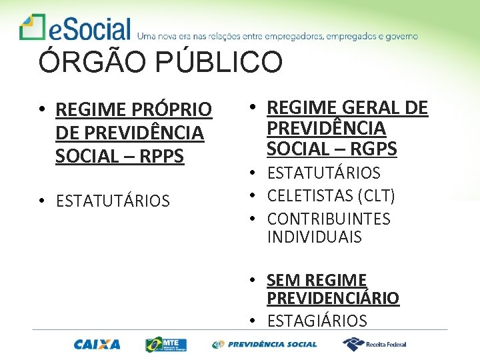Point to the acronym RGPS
click(368, 149)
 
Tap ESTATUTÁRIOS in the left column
click(113, 201)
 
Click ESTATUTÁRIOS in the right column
click(323, 173)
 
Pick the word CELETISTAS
click(310, 196)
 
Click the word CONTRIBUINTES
click(329, 219)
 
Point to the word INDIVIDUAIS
click(314, 237)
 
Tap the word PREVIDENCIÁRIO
click(333, 298)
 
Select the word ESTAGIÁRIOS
click(317, 321)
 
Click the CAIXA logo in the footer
click(97, 345)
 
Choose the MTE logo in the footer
click(166, 344)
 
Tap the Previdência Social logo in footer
click(264, 345)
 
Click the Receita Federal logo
click(374, 344)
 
